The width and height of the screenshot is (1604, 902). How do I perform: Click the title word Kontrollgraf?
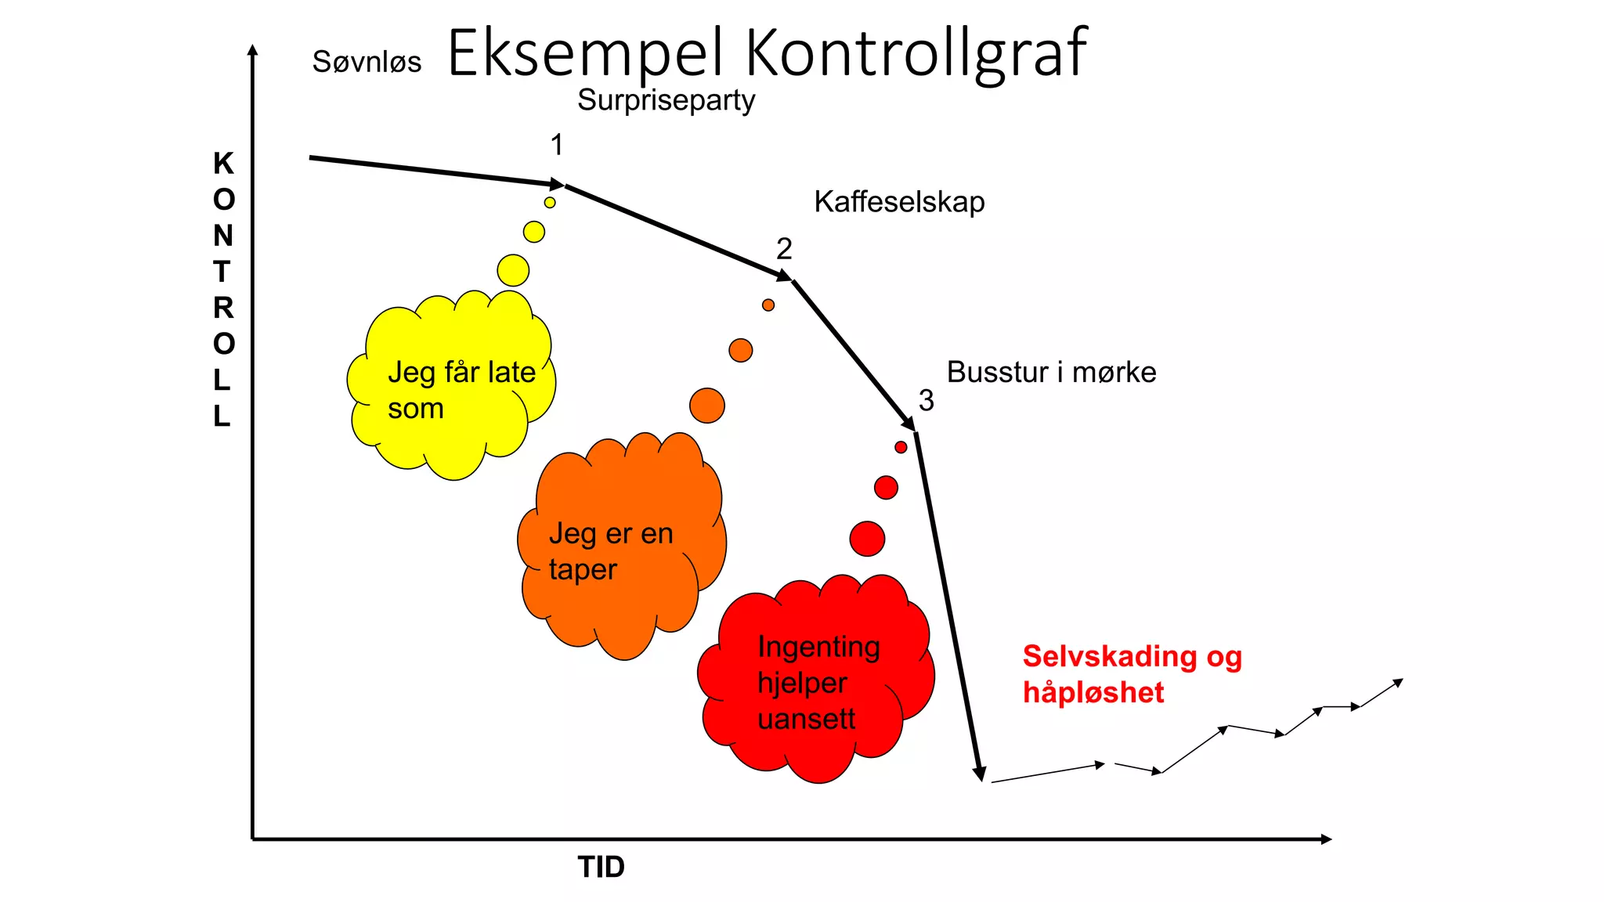tap(916, 53)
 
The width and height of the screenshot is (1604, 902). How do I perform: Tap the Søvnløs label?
tap(367, 62)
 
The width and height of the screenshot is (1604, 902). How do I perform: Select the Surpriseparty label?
tap(666, 100)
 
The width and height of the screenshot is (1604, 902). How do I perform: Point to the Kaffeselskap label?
tap(899, 202)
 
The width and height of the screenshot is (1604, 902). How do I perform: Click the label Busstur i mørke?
tap(1051, 372)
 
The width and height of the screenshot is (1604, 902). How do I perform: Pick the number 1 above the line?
tap(557, 145)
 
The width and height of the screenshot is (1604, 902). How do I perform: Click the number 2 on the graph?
tap(784, 249)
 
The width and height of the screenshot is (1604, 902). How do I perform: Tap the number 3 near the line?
tap(927, 401)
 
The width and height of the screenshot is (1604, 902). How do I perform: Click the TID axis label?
tap(601, 868)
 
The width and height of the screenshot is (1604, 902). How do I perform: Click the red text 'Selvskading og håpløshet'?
tap(1132, 674)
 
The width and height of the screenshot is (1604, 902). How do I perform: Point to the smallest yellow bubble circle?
tap(550, 203)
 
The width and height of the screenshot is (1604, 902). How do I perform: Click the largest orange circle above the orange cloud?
tap(707, 406)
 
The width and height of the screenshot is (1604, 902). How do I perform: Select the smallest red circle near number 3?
tap(901, 447)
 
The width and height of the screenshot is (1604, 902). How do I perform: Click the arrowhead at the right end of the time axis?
tap(1325, 839)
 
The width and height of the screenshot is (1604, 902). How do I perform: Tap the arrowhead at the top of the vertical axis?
tap(252, 51)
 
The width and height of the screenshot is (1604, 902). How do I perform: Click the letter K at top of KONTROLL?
tap(223, 164)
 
